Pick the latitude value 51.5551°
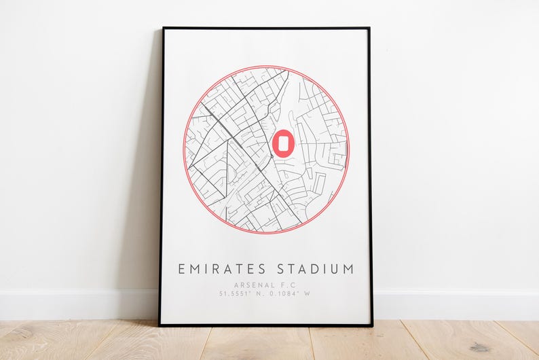pyautogui.click(x=235, y=293)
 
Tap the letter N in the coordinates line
pyautogui.click(x=259, y=293)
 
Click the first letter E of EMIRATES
pyautogui.click(x=181, y=269)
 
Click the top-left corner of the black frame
pyautogui.click(x=163, y=29)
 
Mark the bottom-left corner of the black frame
pyautogui.click(x=160, y=325)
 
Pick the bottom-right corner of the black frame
pyautogui.click(x=372, y=325)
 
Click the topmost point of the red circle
pyautogui.click(x=265, y=66)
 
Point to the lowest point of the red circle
pyautogui.click(x=265, y=234)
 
